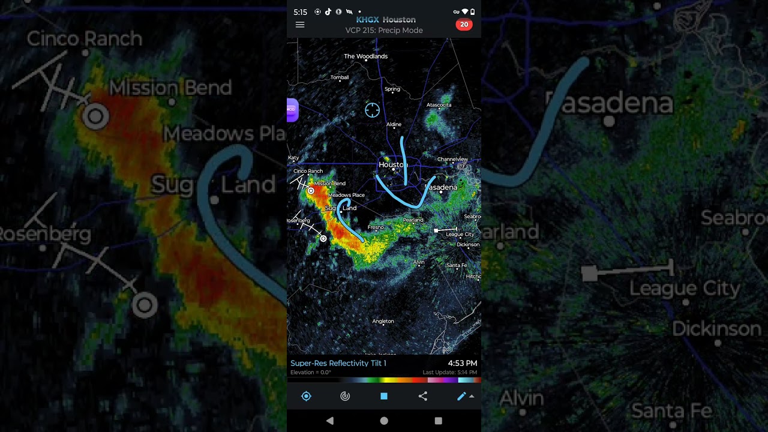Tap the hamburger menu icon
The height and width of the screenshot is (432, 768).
pyautogui.click(x=300, y=25)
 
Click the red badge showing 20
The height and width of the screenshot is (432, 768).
pyautogui.click(x=464, y=25)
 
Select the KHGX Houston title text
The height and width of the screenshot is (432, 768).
pyautogui.click(x=386, y=20)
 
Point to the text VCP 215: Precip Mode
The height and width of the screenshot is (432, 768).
pyautogui.click(x=384, y=31)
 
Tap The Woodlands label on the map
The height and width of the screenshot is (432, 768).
pyautogui.click(x=365, y=56)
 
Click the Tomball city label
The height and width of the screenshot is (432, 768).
pyautogui.click(x=340, y=77)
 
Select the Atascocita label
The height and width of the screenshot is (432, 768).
pyautogui.click(x=439, y=105)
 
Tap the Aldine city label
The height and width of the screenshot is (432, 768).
pyautogui.click(x=394, y=125)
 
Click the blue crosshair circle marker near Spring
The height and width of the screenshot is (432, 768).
pyautogui.click(x=372, y=110)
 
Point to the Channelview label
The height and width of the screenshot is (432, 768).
pyautogui.click(x=452, y=160)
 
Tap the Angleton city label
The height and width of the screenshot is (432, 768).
pyautogui.click(x=383, y=322)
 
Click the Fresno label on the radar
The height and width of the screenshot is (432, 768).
pyautogui.click(x=376, y=227)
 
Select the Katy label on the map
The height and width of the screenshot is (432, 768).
pyautogui.click(x=293, y=158)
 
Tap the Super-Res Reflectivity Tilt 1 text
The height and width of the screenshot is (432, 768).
pyautogui.click(x=338, y=364)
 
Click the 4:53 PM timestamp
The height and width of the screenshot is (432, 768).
pyautogui.click(x=462, y=364)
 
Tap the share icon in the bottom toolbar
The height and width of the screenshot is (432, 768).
pyautogui.click(x=423, y=396)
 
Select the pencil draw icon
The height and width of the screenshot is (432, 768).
pyautogui.click(x=461, y=396)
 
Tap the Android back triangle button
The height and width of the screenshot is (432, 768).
pyautogui.click(x=329, y=421)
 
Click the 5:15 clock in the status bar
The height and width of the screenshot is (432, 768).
pyautogui.click(x=300, y=12)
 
